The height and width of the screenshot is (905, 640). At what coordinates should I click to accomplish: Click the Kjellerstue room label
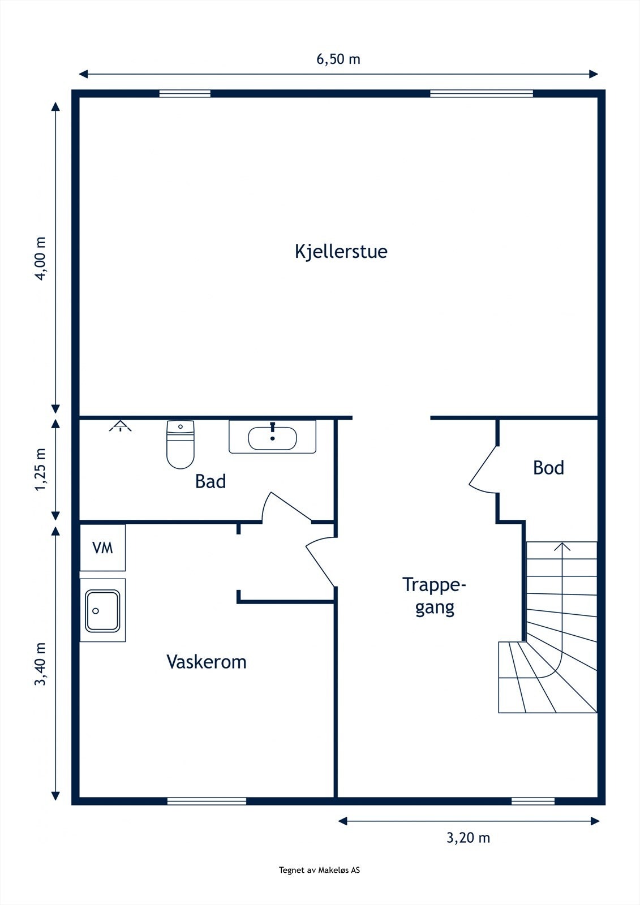(x=341, y=251)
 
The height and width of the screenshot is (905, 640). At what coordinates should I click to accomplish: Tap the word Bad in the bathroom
(x=211, y=481)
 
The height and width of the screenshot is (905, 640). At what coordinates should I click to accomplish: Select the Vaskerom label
(x=207, y=662)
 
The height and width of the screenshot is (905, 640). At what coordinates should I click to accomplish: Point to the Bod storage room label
(x=548, y=468)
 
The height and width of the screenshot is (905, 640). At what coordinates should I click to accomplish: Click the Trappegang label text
(x=434, y=596)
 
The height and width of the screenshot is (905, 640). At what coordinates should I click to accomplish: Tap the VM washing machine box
(x=102, y=548)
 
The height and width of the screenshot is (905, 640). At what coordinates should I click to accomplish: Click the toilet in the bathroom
(x=181, y=444)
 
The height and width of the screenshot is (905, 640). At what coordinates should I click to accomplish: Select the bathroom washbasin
(x=272, y=437)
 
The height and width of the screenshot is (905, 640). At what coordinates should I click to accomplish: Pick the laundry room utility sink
(x=102, y=610)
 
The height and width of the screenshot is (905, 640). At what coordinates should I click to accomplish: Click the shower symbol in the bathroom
(x=121, y=426)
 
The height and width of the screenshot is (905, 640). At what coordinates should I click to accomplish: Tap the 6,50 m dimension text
(x=338, y=59)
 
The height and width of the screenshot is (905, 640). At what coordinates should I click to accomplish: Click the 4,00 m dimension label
(x=40, y=258)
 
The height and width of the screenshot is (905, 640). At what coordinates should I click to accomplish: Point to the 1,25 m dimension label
(x=40, y=469)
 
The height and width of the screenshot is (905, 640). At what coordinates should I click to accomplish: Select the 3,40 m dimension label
(x=40, y=664)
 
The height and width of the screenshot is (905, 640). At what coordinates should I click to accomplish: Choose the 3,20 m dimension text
(x=468, y=838)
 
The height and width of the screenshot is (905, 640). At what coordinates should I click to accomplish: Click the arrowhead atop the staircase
(x=562, y=546)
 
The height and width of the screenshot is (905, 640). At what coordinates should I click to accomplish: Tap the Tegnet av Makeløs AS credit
(x=319, y=870)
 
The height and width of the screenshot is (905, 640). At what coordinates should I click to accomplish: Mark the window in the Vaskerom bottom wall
(x=207, y=801)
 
